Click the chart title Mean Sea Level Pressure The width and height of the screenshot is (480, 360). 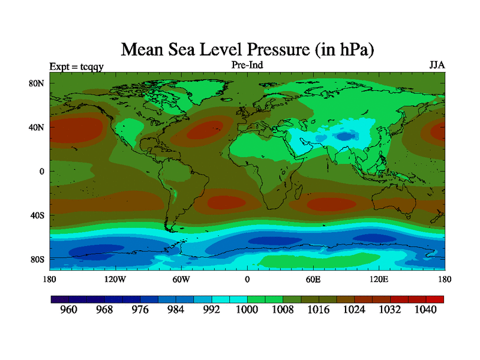click(x=247, y=49)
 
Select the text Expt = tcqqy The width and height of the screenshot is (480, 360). click(x=77, y=66)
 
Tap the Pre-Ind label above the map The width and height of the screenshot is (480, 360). click(x=247, y=64)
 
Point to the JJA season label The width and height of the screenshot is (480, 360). click(x=437, y=64)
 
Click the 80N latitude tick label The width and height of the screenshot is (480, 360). click(x=37, y=83)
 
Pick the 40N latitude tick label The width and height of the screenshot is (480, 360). click(x=37, y=127)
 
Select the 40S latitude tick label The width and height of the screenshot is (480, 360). click(x=37, y=215)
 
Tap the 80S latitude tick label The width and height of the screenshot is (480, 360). click(x=37, y=259)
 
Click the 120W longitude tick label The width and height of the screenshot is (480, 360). click(x=115, y=279)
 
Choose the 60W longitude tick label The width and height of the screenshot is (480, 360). click(x=181, y=279)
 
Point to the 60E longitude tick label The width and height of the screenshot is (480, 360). click(x=313, y=279)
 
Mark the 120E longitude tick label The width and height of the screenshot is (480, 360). click(x=379, y=279)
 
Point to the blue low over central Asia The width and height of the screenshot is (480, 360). click(x=344, y=136)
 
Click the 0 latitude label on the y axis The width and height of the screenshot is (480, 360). click(x=43, y=171)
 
